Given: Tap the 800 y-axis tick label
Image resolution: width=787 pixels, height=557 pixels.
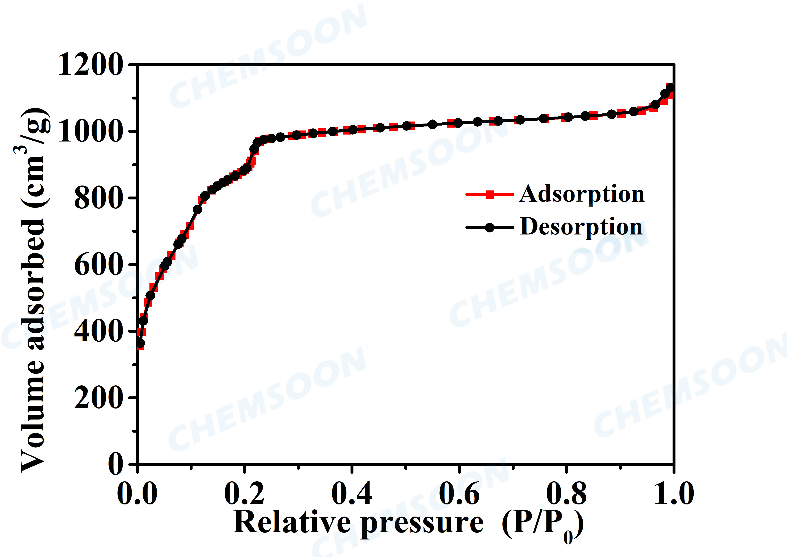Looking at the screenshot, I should pos(98,198).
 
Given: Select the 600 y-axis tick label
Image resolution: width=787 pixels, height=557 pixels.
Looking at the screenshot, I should pos(98,265).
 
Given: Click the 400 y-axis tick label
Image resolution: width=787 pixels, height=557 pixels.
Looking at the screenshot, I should pos(98,331).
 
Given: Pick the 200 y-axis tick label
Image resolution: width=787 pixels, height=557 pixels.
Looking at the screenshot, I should pos(98,398).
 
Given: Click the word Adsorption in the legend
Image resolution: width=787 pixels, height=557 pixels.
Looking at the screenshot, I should pos(582,194).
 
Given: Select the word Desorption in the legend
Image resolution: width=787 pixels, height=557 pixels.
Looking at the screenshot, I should pos(581,227).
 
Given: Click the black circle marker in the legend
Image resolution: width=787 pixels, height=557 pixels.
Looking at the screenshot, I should pos(490,227).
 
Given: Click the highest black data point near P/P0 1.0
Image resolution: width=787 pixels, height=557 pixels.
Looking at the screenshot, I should pos(670,88).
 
